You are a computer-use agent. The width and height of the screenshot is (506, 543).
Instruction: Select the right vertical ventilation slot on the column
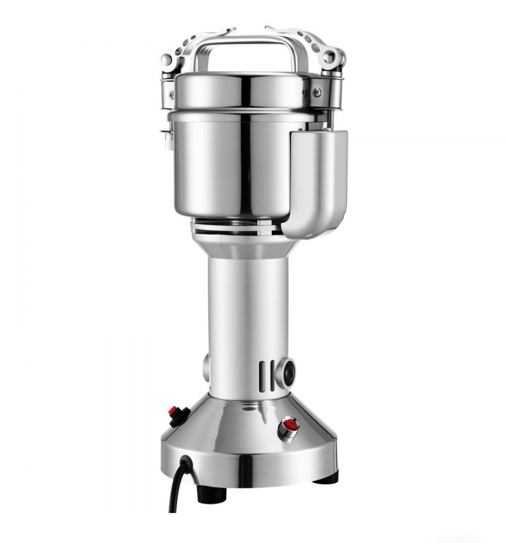(x=273, y=375)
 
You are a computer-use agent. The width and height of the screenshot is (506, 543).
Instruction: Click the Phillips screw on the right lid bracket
(x=317, y=92)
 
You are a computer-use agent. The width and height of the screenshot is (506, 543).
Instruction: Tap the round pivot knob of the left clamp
(x=166, y=60)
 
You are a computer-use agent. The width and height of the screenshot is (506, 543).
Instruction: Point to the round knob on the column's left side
(x=207, y=364)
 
